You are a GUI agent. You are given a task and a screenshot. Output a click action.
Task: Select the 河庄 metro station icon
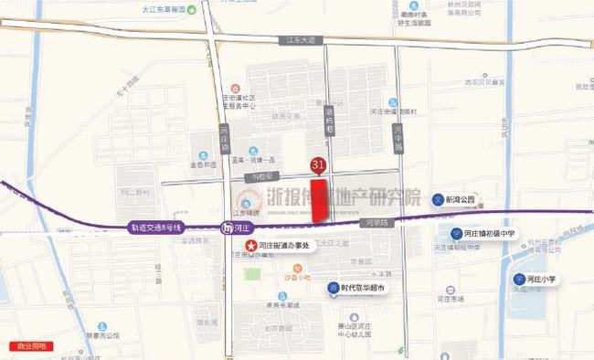click(228, 228)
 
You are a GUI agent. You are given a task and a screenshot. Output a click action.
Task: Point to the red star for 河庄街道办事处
click(249, 246)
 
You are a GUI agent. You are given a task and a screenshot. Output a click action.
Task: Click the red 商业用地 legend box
click(30, 347)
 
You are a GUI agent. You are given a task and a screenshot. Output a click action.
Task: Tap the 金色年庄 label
click(203, 166)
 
